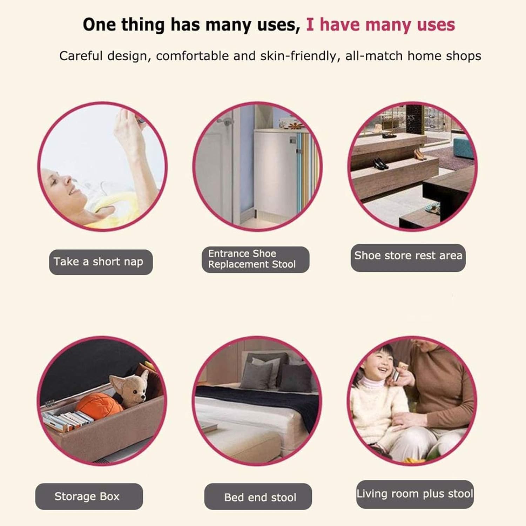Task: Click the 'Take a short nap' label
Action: click(101, 262)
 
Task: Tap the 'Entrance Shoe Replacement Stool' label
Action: click(255, 259)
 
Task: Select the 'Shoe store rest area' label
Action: click(408, 257)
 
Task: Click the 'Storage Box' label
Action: click(89, 496)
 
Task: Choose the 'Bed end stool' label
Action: click(258, 497)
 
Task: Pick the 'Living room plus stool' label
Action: click(415, 494)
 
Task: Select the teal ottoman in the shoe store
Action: click(463, 147)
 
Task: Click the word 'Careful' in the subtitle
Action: click(81, 56)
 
